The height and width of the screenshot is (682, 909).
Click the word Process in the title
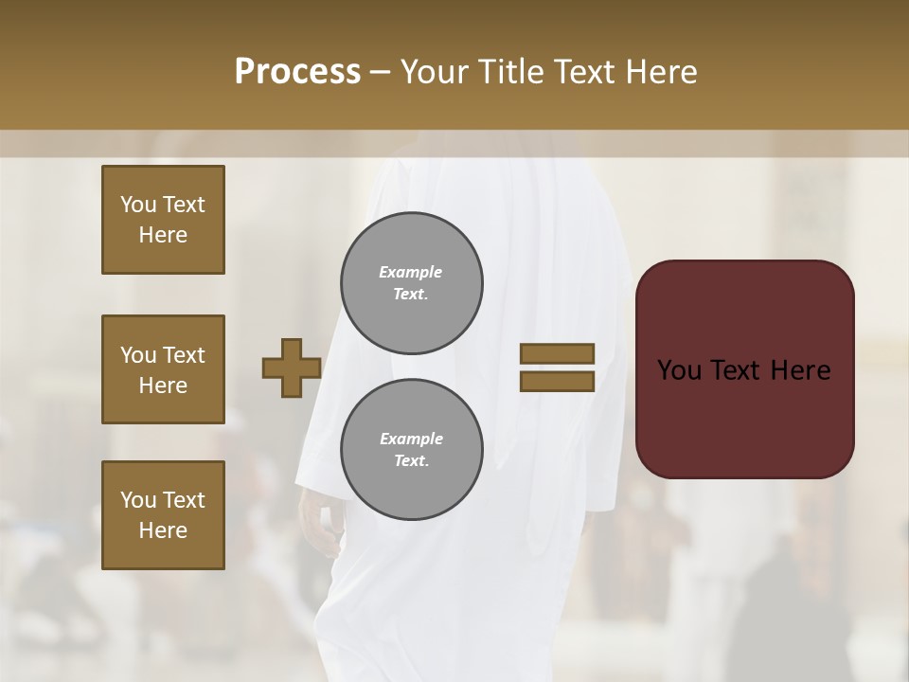(x=297, y=72)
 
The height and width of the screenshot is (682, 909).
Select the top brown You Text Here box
(x=163, y=220)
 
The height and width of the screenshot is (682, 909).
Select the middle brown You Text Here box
(x=163, y=369)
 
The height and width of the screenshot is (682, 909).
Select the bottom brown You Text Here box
(x=163, y=515)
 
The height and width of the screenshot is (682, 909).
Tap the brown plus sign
(x=291, y=368)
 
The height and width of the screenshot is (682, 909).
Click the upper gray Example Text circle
(x=411, y=283)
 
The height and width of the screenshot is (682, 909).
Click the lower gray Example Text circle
(x=411, y=450)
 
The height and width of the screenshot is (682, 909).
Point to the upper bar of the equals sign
(x=557, y=354)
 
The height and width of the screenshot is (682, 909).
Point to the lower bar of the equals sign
(x=557, y=382)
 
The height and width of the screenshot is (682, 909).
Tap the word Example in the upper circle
(x=410, y=272)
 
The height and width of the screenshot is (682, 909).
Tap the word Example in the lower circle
(x=410, y=439)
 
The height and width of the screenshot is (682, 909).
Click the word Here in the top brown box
(x=163, y=235)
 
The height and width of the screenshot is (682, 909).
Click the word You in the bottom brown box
(x=138, y=500)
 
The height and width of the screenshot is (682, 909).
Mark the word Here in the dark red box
(x=801, y=370)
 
